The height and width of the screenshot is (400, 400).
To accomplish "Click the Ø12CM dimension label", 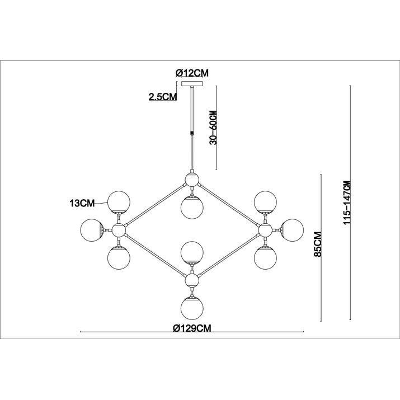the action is point(192,73).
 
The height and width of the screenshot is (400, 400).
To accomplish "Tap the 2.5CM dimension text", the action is point(162,96).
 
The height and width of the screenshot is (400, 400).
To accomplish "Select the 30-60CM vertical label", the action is point(213,128).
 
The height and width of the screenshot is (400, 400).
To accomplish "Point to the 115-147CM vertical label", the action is point(347,203).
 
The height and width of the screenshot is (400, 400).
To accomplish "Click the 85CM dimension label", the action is point(318,244).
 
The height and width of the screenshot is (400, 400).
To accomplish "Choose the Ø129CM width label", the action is point(192,328).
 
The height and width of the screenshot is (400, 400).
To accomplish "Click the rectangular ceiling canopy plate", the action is point(192,84).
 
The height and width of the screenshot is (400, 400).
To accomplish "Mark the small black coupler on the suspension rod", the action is point(192,133).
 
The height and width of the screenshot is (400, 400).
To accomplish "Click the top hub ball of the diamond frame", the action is point(192,180).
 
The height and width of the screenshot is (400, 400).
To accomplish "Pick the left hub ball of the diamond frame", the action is point(119,230).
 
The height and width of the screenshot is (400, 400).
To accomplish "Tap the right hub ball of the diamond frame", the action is point(265,230).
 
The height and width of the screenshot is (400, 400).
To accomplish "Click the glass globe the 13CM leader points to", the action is point(119,202).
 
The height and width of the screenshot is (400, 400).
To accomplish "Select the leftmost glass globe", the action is point(92,230).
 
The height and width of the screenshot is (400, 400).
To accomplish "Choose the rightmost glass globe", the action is point(292,230).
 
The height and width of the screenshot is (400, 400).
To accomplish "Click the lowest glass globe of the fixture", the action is point(192,308).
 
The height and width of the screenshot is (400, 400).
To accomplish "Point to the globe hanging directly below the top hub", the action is point(192,208).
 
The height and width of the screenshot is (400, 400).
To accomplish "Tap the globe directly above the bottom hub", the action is point(192,253).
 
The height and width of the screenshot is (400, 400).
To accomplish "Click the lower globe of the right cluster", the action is point(265,258).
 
